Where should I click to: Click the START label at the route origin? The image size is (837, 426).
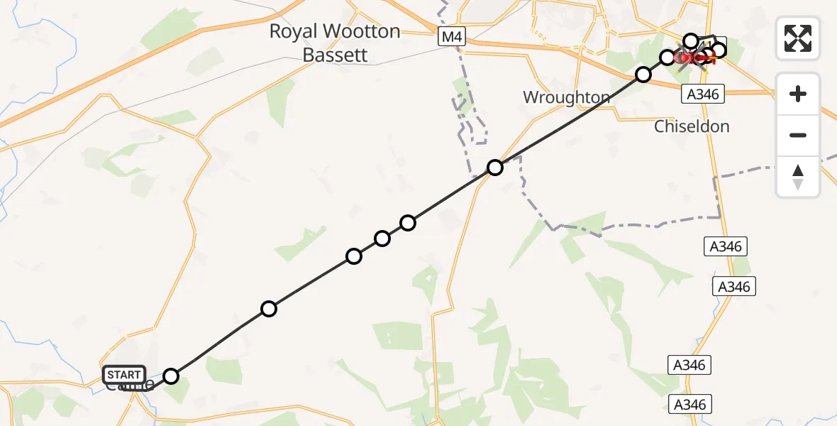point(124,374)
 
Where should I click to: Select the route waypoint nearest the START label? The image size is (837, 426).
point(171,376)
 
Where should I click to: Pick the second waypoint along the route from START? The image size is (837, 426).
point(268,309)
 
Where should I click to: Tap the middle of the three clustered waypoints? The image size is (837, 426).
point(382,239)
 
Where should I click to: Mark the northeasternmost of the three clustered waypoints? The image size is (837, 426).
point(408,223)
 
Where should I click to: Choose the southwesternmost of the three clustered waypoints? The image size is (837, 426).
point(354,256)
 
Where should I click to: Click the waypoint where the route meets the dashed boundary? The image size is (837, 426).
point(495,168)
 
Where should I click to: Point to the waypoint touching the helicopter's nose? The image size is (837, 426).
point(667,57)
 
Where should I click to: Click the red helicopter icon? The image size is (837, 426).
point(694,57)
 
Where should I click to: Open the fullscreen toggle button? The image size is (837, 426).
point(798,38)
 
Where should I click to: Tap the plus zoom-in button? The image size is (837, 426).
point(798,94)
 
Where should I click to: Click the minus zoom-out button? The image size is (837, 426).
point(798,135)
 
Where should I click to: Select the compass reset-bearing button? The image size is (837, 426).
point(798,176)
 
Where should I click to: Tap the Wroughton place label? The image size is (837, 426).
point(566,97)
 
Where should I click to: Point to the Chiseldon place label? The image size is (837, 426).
point(692,126)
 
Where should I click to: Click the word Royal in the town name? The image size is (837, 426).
point(293,31)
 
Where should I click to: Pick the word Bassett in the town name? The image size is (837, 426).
point(335,55)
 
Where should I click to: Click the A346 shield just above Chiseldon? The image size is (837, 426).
point(702,94)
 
